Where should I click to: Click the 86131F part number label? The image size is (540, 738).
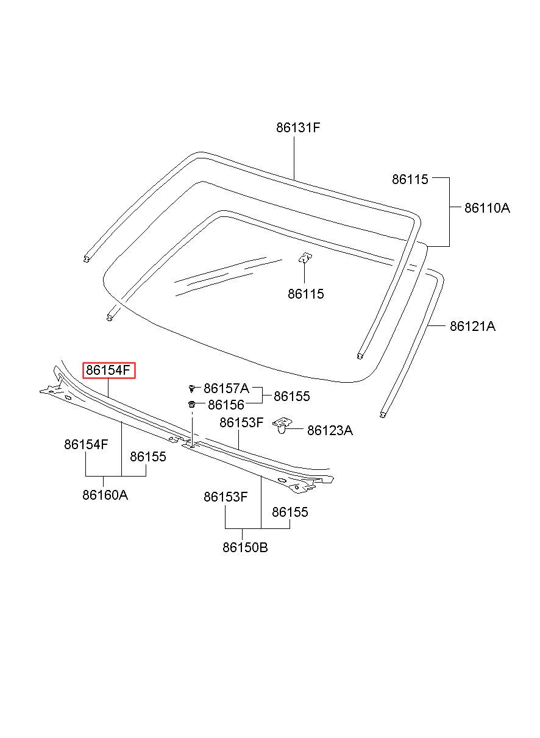298,127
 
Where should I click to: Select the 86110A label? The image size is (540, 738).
487,208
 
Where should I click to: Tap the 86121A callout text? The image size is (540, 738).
472,326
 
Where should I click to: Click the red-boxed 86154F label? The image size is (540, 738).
108,371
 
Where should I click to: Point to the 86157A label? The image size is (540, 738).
226,388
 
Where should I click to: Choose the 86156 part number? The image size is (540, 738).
226,405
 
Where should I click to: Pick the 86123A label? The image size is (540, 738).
330,431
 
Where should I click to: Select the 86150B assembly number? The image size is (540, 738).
245,548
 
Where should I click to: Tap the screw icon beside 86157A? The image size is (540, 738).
192,389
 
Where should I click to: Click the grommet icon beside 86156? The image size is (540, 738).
191,404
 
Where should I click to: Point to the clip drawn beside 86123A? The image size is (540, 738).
282,425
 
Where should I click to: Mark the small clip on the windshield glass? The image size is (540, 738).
305,258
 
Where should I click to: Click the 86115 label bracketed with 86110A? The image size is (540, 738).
410,179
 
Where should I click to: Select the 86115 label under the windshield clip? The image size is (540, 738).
306,294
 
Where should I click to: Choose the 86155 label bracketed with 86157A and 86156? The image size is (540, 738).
291,396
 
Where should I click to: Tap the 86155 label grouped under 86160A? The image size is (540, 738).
148,456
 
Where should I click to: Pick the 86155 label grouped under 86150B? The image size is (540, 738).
290,512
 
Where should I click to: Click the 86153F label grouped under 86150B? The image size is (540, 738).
226,497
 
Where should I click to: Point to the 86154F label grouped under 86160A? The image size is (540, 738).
86,445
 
